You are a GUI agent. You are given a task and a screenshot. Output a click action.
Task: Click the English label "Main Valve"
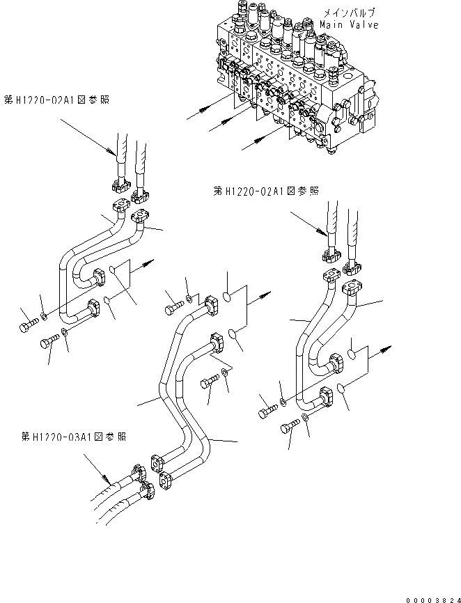point(349,25)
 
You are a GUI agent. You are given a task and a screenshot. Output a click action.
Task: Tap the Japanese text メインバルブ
point(349,13)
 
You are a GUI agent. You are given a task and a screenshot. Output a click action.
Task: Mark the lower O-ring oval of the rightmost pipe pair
point(339,389)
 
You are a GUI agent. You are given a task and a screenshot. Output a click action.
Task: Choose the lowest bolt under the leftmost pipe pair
point(48,340)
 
